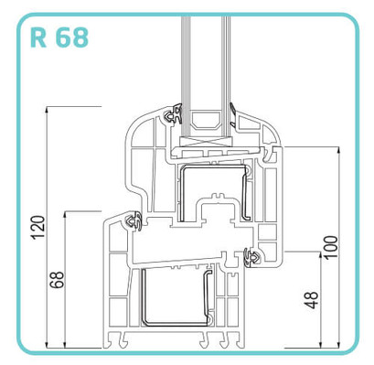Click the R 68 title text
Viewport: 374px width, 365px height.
point(59,38)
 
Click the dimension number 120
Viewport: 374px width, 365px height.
point(38,228)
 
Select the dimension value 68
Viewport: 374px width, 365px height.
point(58,280)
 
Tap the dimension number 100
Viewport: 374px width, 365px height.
point(331,247)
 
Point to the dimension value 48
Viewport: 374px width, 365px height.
point(312,300)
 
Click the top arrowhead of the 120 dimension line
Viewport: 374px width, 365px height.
point(47,111)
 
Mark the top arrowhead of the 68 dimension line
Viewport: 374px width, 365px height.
point(65,215)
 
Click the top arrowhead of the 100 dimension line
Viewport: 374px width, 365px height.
point(338,151)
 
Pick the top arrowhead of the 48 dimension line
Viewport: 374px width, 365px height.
point(320,256)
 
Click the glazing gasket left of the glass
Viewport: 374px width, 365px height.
point(174,114)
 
